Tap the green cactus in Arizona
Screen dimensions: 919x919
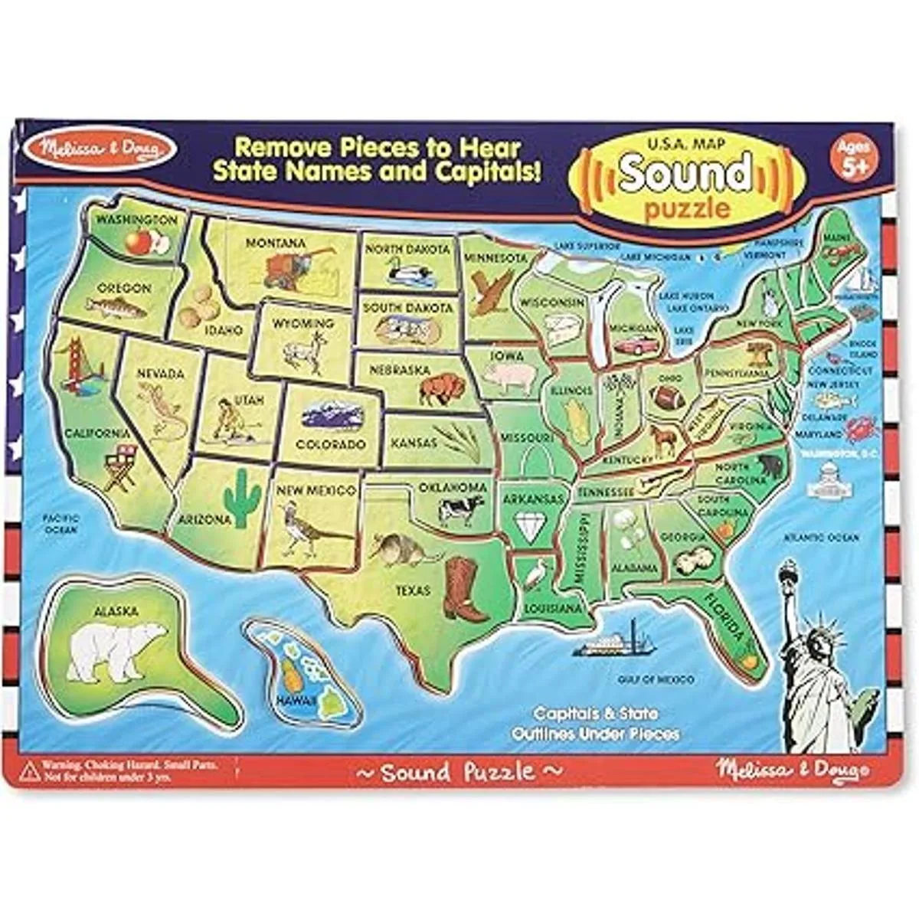click(244, 498)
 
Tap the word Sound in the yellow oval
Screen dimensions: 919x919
click(685, 173)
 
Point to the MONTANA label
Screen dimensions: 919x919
click(276, 243)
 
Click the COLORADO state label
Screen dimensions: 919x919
click(331, 444)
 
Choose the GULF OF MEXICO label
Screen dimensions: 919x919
click(656, 679)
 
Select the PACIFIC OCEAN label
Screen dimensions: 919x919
click(61, 524)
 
